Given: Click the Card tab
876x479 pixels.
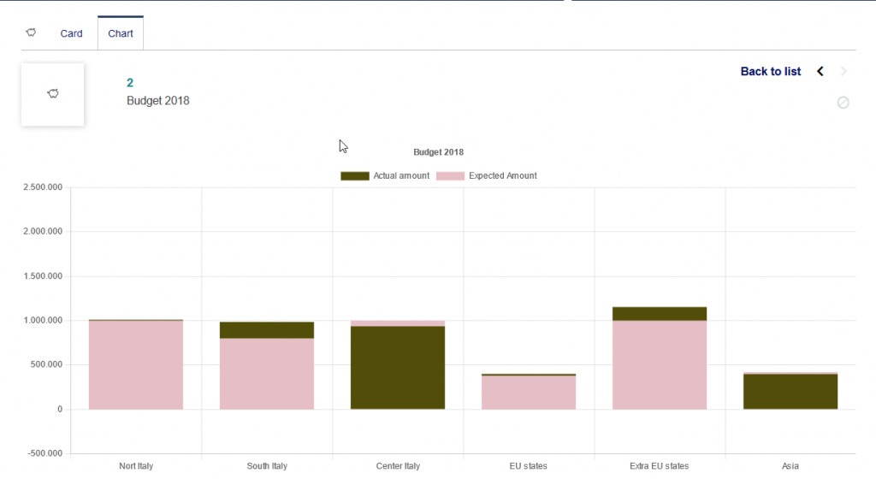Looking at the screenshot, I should pos(71,33).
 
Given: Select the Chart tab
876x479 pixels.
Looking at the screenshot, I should pos(121,33).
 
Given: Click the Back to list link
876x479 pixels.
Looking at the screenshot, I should pos(771,71).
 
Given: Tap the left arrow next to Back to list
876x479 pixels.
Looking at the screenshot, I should pos(820,71).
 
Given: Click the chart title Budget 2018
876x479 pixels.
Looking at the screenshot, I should pos(438,152).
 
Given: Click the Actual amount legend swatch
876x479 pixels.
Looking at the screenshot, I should pos(354,176).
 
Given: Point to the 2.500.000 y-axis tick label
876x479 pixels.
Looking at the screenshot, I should pos(43,187).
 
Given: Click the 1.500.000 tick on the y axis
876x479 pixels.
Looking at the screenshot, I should pos(43,276).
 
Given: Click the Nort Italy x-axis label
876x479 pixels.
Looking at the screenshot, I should pos(136,466).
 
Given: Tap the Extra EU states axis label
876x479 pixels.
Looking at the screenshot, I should pos(659,466).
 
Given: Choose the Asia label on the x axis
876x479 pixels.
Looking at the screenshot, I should pos(790,466).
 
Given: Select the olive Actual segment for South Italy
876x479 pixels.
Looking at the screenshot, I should pos(267,330).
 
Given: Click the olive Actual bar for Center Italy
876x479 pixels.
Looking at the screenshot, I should pos(398,368).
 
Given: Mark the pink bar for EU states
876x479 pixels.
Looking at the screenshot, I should pos(529,393).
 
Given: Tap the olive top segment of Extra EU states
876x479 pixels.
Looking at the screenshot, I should pos(660,314).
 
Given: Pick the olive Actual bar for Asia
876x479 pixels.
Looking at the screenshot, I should pos(790,392).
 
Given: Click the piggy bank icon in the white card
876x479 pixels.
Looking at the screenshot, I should pos(53,94).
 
